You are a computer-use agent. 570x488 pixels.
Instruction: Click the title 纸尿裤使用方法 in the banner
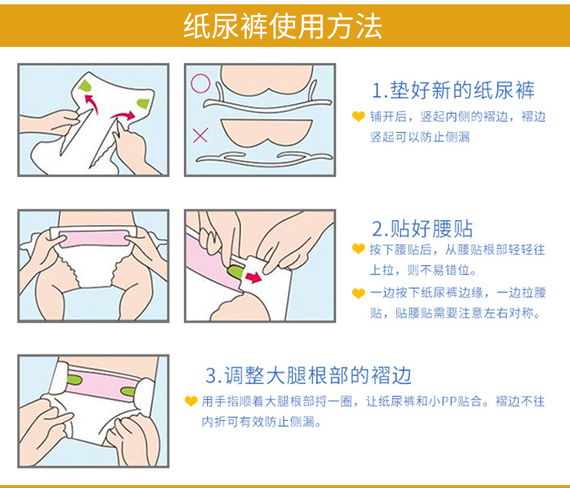point(282,26)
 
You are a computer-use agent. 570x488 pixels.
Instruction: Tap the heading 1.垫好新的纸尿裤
point(453,90)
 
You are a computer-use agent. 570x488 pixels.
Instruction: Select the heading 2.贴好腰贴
point(422,229)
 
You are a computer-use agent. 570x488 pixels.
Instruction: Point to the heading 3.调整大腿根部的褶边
point(308,375)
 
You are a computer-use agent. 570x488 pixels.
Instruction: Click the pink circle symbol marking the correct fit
point(201,84)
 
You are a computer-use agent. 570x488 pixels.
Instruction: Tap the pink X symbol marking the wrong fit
point(201,135)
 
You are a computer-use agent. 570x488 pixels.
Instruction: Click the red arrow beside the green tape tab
point(253,277)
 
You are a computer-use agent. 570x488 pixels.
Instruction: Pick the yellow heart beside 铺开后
point(359,116)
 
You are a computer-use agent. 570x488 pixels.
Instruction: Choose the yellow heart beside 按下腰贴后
point(359,249)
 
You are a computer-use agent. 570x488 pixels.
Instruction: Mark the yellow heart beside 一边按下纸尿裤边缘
point(359,292)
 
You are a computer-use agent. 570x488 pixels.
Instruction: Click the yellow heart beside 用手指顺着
point(191,401)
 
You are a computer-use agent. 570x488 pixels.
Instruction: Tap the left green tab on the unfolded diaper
point(84,86)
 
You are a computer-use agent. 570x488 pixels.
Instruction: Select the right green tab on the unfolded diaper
point(144,103)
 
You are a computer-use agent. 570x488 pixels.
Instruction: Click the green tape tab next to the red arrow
point(235,272)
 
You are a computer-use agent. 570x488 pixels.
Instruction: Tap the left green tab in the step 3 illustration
point(74,380)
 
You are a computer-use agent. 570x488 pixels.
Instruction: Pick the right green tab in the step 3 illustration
point(128,392)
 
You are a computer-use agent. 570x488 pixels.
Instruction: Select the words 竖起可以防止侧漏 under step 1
point(420,137)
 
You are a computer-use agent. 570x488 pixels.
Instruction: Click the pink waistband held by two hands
point(94,238)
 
